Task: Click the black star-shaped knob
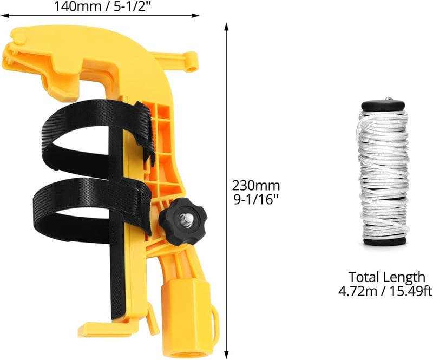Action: coord(183,219)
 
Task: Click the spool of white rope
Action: coord(384,171)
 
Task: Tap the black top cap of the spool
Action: coord(383,105)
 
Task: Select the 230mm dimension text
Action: coord(255,185)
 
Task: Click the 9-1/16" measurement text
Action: coord(255,199)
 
